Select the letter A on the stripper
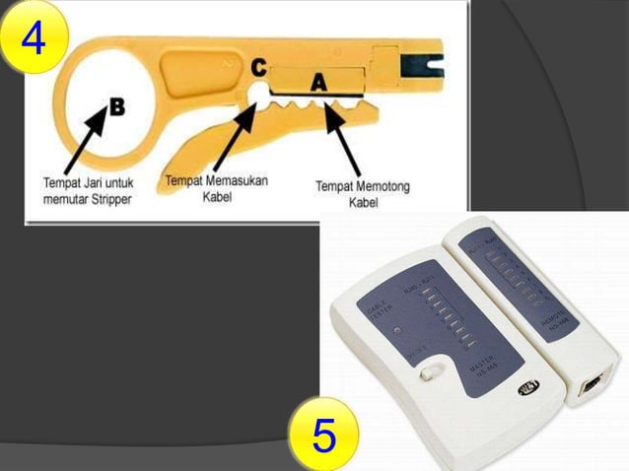318,84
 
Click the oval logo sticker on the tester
530,385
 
